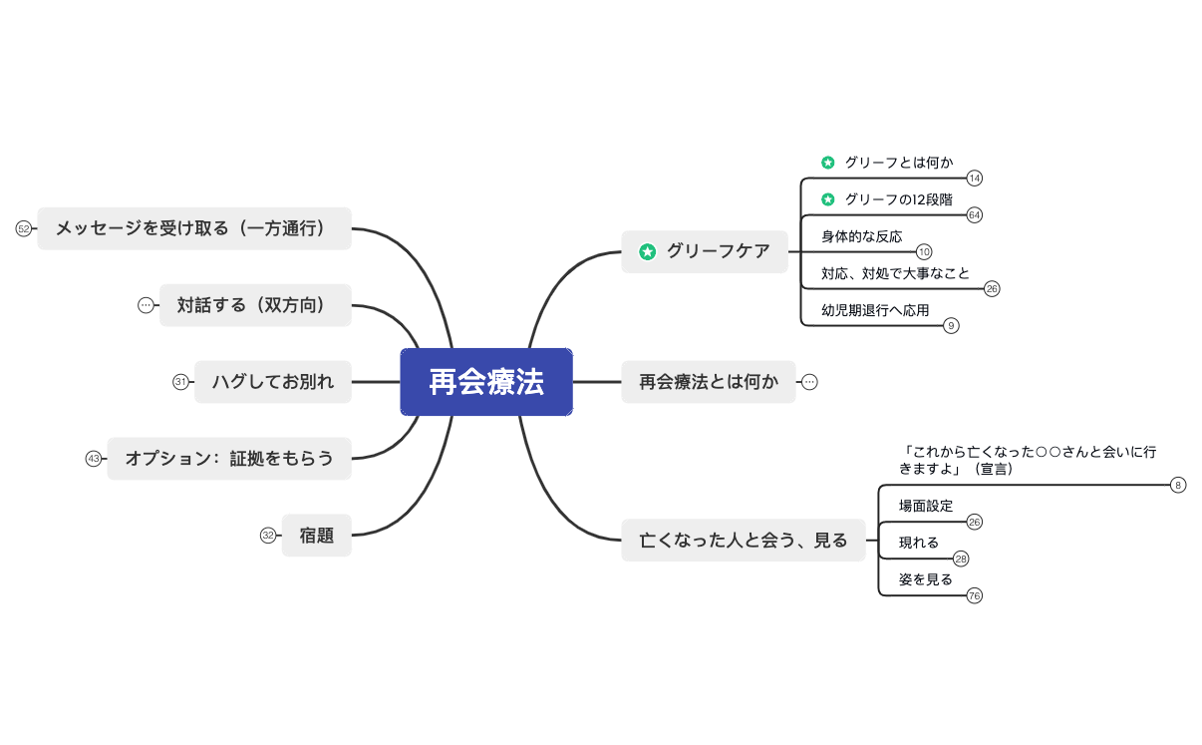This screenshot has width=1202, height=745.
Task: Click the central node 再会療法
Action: coord(486,382)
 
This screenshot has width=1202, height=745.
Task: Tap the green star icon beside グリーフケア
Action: coord(647,252)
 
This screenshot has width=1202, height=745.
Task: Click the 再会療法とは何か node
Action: coord(708,382)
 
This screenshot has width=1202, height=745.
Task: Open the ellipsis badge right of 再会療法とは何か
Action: coord(809,382)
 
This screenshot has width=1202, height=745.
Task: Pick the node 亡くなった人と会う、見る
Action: coord(743,541)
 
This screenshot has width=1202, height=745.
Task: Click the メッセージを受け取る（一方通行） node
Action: coord(194,228)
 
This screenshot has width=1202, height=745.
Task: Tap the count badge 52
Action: coord(24,228)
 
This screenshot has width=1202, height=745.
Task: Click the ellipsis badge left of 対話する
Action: coord(146,305)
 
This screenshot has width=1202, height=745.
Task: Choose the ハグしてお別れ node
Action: coord(272,382)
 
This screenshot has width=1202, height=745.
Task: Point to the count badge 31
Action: coord(180,382)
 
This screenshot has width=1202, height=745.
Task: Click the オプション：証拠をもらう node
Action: coord(229,459)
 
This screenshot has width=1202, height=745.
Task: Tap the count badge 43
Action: coord(94,459)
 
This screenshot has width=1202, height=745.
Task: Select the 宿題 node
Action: coord(316,536)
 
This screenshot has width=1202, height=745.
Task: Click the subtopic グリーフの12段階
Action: coord(897,199)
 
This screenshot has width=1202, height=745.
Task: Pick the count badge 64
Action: coord(975,215)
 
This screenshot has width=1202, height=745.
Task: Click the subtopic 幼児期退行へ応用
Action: coord(875,310)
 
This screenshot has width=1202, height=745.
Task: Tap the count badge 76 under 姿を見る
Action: coord(975,596)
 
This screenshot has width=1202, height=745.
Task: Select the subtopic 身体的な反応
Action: coord(861,236)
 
